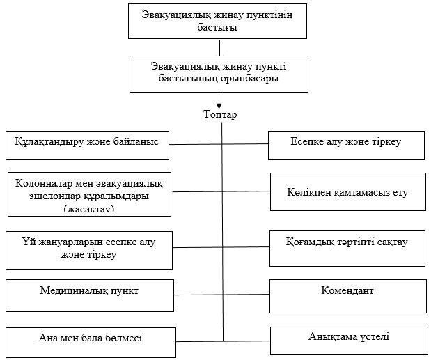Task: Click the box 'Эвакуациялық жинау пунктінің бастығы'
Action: [219, 21]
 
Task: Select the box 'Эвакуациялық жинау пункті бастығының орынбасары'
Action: [219, 73]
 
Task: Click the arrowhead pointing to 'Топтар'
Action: [219, 105]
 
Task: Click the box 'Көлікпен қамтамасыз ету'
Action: [347, 191]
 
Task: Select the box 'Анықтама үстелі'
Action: [348, 340]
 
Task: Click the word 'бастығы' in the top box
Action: [219, 28]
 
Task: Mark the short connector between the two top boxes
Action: [219, 47]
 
